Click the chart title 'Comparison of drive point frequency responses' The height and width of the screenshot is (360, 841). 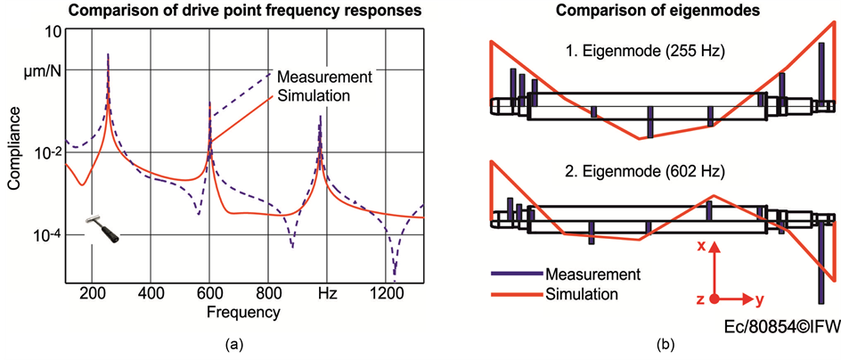[215, 12]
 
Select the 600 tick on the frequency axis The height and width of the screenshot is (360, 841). [210, 291]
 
